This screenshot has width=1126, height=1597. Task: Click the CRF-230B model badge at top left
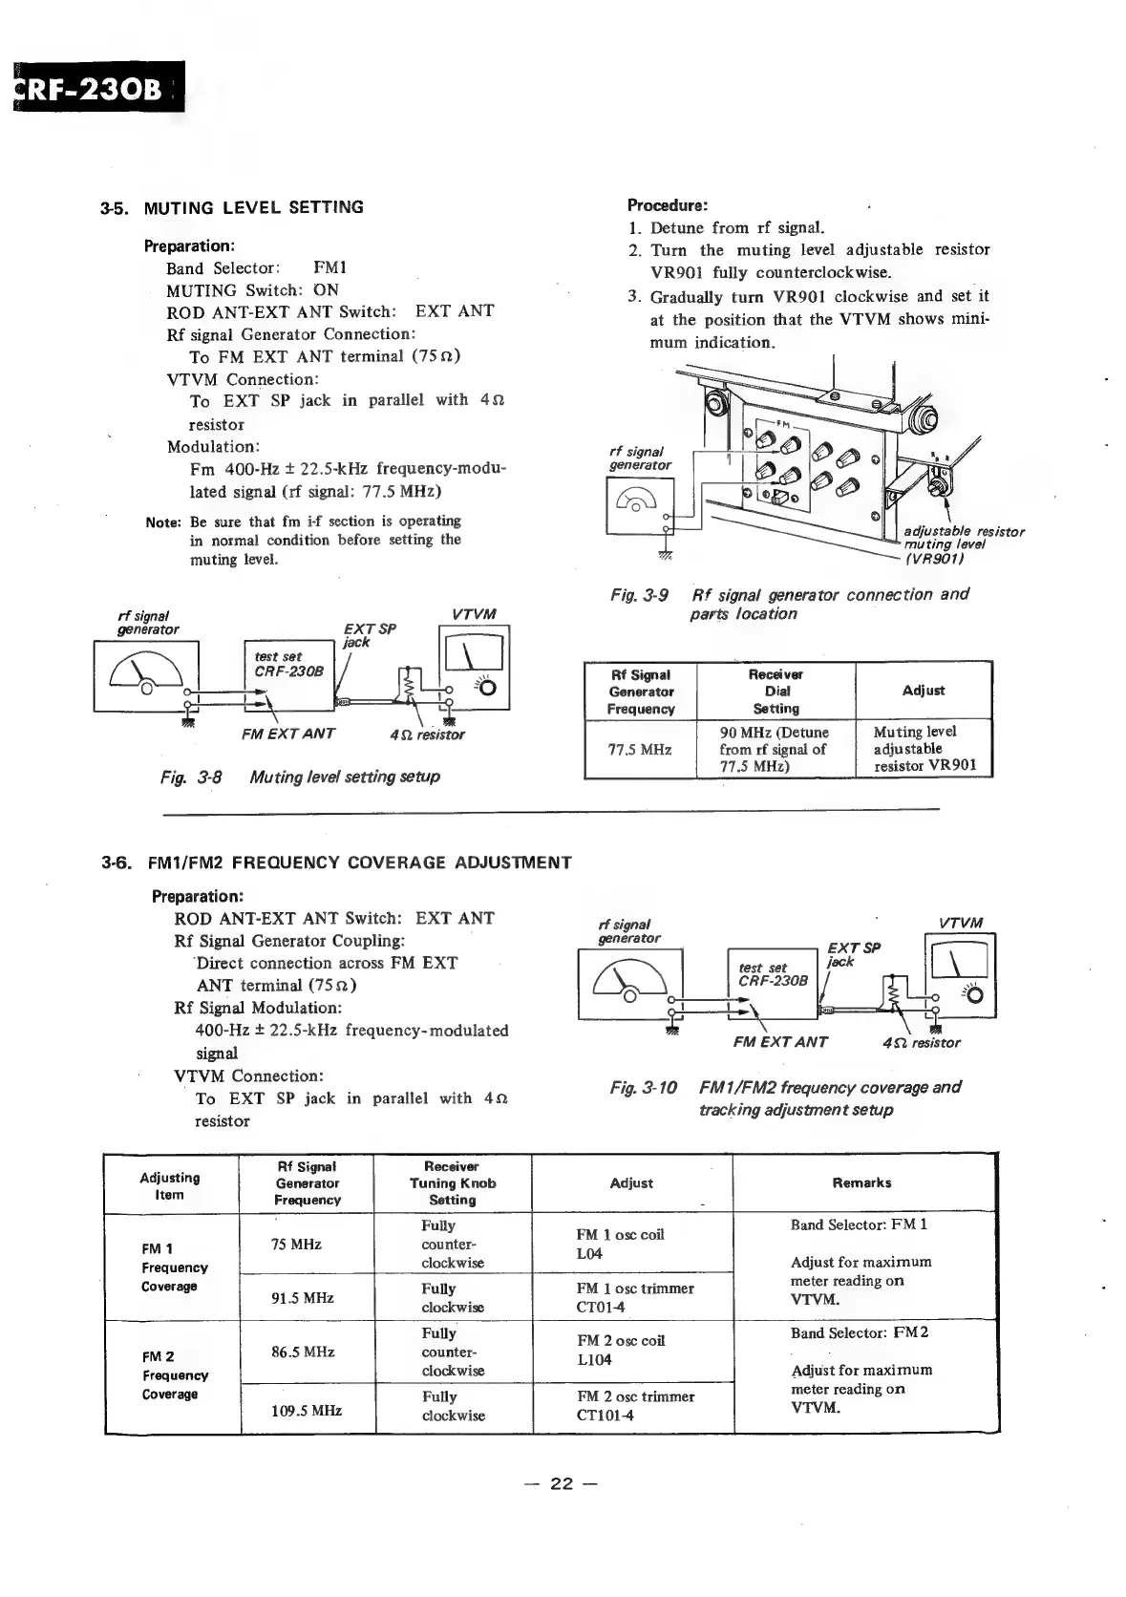(x=96, y=87)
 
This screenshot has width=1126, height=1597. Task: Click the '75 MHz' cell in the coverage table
(x=297, y=1244)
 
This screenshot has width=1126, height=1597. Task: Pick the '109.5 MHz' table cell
(x=307, y=1410)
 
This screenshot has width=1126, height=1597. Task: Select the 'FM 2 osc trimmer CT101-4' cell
(x=635, y=1405)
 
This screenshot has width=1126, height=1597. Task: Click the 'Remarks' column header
(x=861, y=1182)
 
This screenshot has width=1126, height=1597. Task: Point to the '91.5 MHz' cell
(x=307, y=1298)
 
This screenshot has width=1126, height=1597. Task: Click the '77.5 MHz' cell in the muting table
(x=640, y=749)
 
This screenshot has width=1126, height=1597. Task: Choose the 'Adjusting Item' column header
(x=170, y=1185)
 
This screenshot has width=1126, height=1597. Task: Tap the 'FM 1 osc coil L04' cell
(x=620, y=1244)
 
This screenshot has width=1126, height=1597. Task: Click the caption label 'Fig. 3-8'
(x=191, y=777)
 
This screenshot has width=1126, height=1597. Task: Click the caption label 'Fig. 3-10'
(x=643, y=1087)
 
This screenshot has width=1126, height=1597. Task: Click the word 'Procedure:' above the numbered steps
(x=667, y=205)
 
